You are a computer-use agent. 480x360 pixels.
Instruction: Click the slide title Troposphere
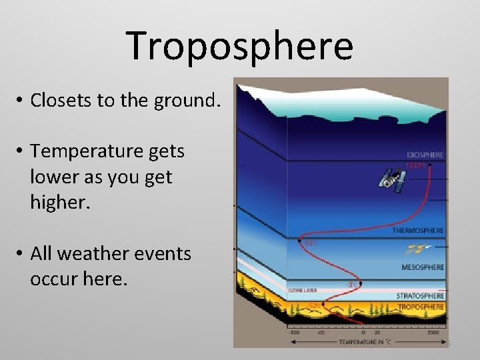[239, 46]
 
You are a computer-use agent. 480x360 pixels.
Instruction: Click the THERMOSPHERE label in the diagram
[417, 231]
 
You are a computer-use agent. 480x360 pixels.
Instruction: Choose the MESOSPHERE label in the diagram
[423, 267]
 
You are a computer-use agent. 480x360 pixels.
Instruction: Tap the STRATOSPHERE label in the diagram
[420, 295]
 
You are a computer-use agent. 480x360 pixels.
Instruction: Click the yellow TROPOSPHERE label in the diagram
[421, 307]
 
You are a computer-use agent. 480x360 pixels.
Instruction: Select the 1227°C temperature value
[416, 165]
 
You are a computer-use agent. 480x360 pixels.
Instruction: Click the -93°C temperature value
[310, 243]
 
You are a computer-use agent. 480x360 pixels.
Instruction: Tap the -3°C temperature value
[351, 285]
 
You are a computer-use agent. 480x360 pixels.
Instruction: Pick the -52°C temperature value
[312, 305]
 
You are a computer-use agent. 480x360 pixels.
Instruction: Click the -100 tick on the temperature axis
[293, 331]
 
